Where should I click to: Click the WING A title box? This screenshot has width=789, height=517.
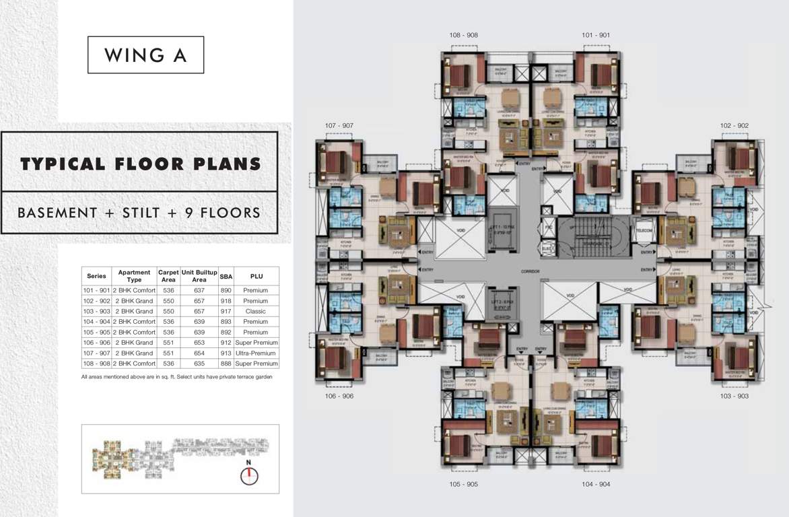click(145, 55)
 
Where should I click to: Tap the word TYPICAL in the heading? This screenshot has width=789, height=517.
click(62, 164)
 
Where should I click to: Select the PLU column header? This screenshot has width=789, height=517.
click(256, 276)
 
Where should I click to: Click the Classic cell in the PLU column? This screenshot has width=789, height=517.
click(256, 311)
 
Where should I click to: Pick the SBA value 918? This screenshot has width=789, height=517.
click(226, 301)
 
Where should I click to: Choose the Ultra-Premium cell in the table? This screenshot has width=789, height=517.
click(256, 353)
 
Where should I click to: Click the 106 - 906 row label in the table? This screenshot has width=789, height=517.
click(96, 343)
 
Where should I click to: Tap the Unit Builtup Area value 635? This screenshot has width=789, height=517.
click(199, 364)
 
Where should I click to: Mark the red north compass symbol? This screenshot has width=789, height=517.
click(249, 476)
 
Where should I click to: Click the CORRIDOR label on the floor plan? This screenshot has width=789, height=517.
click(530, 271)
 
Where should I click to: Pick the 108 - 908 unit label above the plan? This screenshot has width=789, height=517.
click(464, 35)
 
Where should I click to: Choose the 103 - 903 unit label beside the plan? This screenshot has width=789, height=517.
click(734, 397)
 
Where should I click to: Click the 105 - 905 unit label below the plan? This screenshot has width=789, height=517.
click(463, 484)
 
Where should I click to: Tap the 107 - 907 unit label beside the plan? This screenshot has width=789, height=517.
click(339, 126)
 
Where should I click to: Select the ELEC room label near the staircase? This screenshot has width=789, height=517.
click(547, 248)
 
